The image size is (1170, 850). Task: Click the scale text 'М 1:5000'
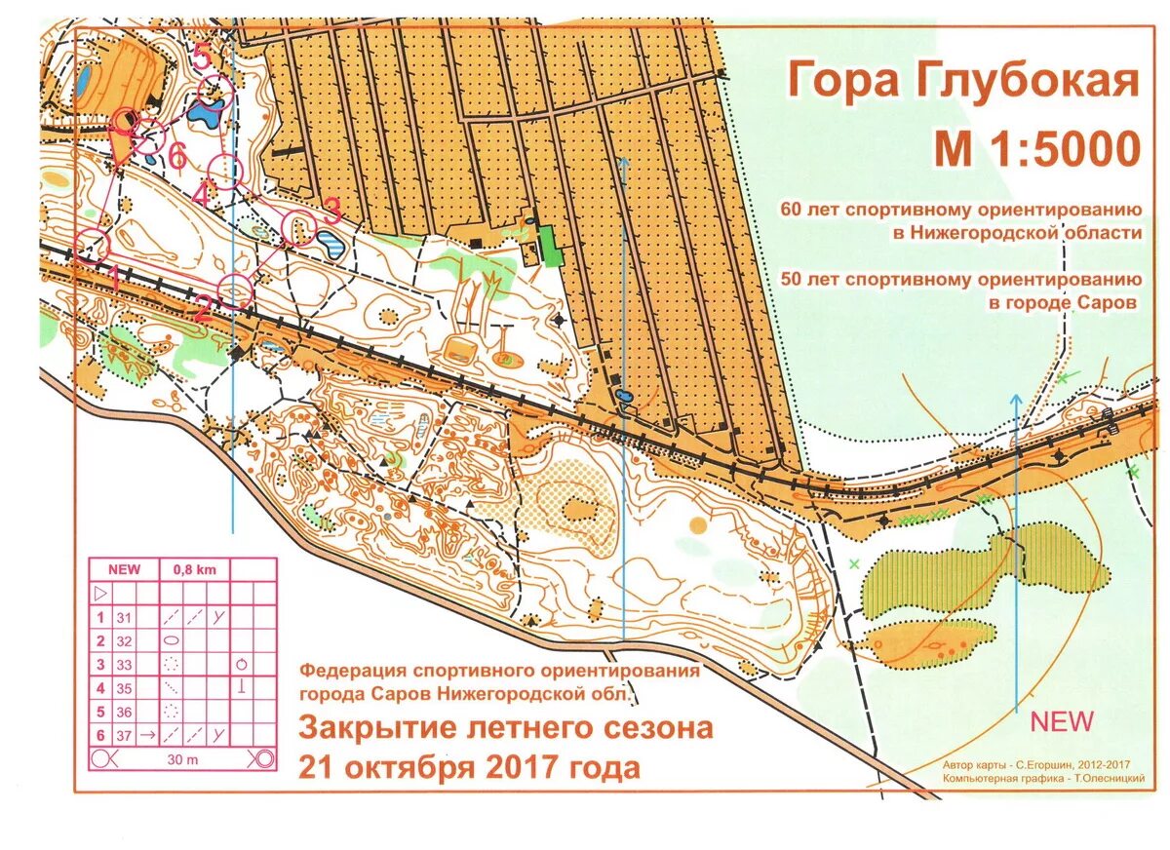pos(1036,149)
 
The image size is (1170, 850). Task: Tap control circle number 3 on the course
pos(298,226)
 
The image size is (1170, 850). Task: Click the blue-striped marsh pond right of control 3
pos(330,243)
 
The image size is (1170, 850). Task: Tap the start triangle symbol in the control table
pos(99,593)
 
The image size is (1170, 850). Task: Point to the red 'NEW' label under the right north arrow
pos(1062,722)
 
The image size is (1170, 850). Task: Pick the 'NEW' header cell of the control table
pos(124,569)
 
